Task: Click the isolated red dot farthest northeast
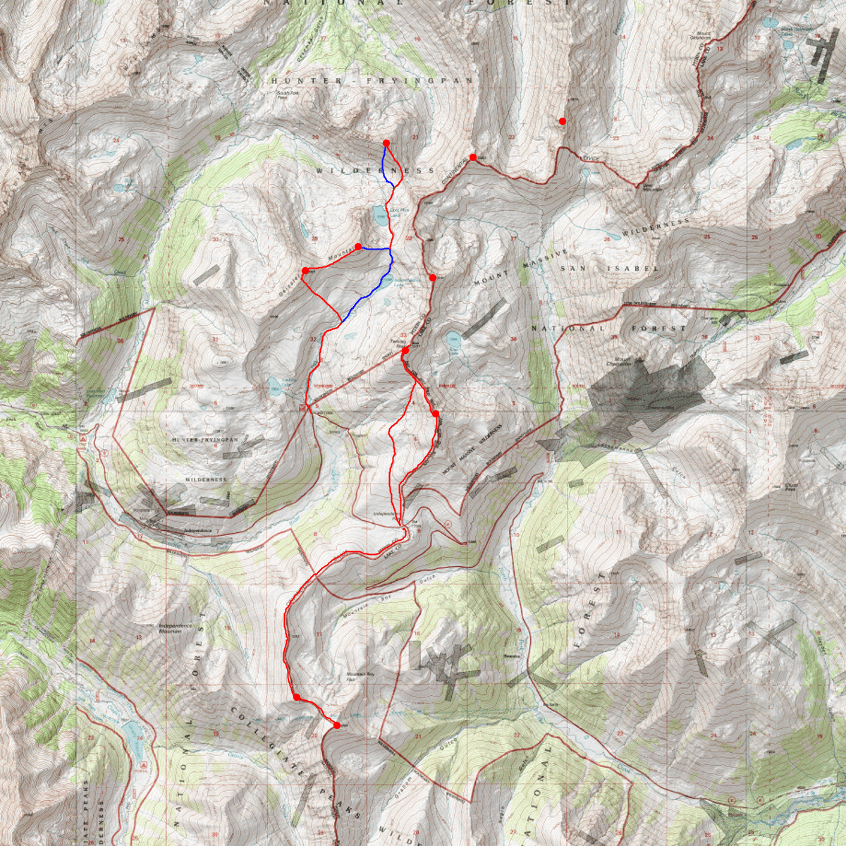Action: [x=562, y=121]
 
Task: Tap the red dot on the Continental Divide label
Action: [x=473, y=157]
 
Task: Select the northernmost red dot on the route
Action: [x=386, y=143]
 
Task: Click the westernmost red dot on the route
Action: [x=305, y=271]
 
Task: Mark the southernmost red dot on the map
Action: [x=337, y=725]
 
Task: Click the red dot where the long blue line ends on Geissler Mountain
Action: [x=358, y=247]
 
